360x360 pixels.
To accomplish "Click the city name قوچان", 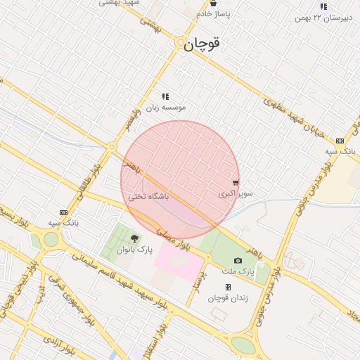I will point(202,44).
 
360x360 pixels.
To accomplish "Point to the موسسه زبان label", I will point(166,108).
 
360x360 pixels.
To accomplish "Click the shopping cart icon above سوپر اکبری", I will point(236,183).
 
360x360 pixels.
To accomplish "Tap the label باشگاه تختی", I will point(148,197).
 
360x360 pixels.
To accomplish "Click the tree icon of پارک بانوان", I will point(134,239).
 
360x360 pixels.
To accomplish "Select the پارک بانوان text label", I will point(134,249).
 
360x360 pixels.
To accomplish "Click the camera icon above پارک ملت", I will point(238,261).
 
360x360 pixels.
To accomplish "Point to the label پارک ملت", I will point(238,271).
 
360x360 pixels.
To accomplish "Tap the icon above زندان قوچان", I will point(228,287).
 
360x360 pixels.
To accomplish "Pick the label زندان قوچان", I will point(228,297).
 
